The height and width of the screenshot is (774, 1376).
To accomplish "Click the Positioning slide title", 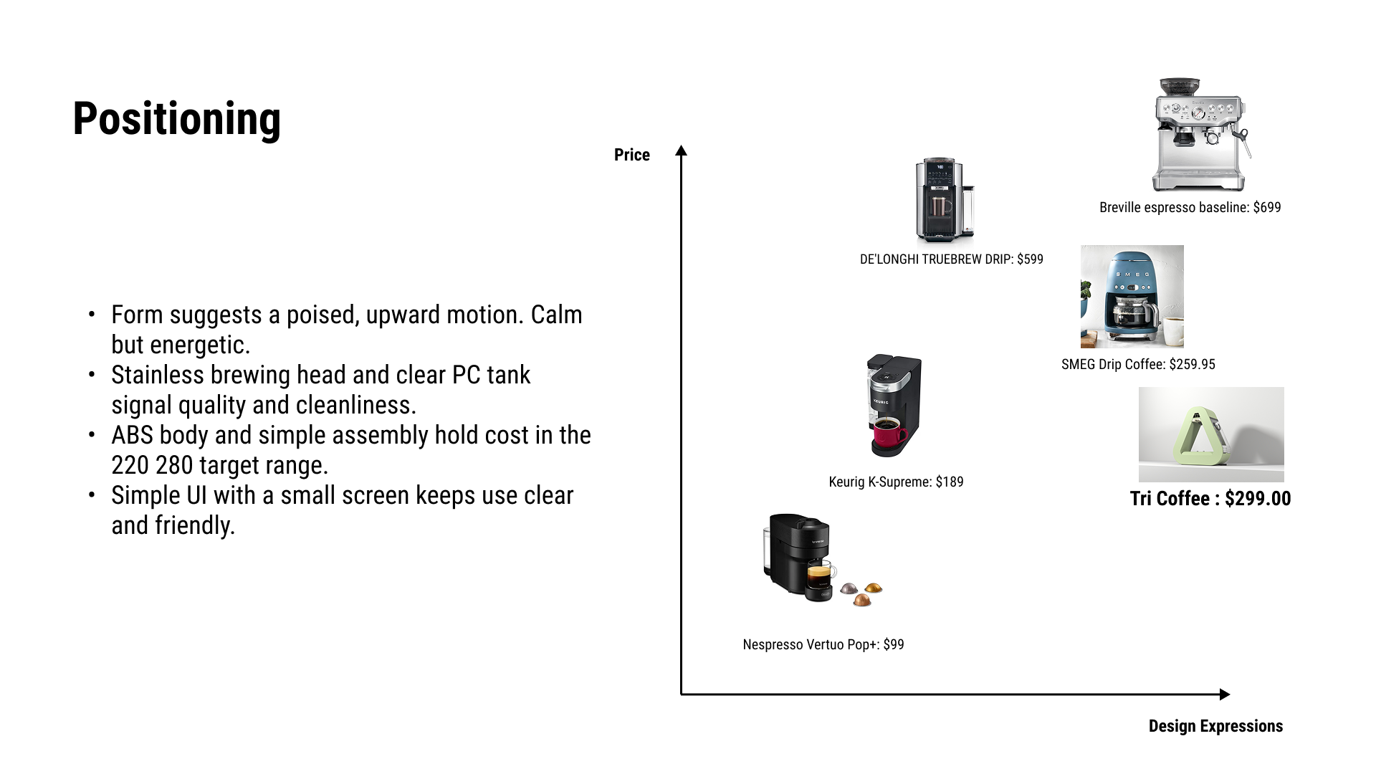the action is [176, 119].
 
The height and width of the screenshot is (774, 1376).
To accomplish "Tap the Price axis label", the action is [632, 155].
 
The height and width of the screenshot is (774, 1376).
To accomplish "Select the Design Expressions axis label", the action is [1215, 726].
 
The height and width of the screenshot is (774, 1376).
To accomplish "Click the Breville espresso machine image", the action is [1201, 135].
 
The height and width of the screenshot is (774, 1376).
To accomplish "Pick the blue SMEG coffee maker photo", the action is [1132, 297].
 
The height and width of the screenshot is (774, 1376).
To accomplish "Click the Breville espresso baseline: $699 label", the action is [1190, 208].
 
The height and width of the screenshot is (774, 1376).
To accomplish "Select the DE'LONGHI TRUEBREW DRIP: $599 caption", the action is [952, 259].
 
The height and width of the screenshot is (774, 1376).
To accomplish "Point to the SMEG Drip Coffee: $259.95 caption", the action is [1138, 365].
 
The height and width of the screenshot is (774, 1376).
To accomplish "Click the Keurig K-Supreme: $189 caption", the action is [896, 482].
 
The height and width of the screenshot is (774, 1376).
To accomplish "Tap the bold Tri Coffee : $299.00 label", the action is [1210, 499].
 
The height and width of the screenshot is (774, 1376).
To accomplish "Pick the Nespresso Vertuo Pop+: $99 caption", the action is [823, 645].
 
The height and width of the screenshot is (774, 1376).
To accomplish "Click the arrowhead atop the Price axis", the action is [682, 150].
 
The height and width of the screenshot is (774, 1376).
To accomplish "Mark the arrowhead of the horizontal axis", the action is [1225, 694].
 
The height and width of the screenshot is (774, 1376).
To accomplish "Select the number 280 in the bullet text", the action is [174, 465].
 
